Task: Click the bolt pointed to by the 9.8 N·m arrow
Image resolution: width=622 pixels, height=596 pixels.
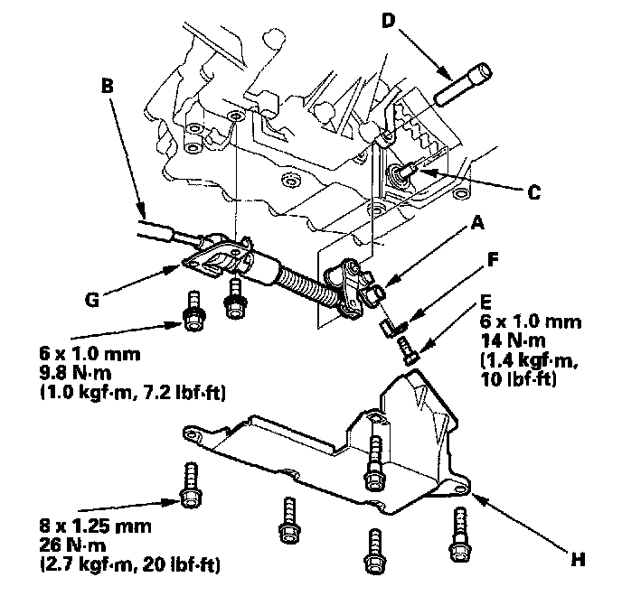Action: click(192, 312)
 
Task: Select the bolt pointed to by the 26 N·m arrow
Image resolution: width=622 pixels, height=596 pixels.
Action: click(191, 484)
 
